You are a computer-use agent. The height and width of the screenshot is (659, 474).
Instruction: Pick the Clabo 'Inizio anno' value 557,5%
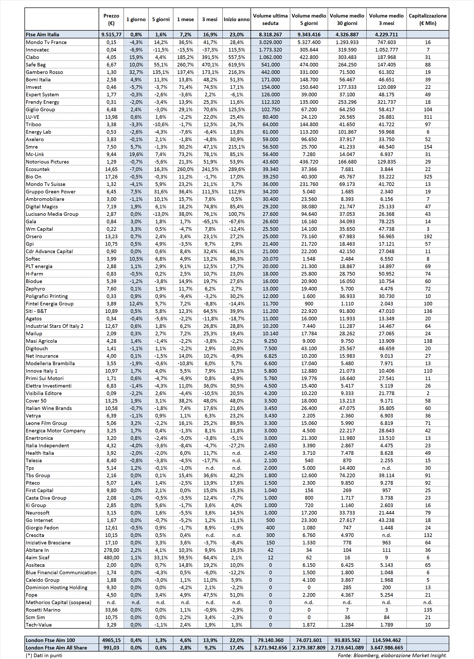pyautogui.click(x=236, y=57)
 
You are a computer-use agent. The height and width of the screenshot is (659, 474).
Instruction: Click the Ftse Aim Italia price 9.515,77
pyautogui.click(x=111, y=35)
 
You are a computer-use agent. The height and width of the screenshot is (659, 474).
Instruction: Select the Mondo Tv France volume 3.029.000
pyautogui.click(x=270, y=42)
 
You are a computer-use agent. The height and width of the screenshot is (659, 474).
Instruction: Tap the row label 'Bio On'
pyautogui.click(x=33, y=177)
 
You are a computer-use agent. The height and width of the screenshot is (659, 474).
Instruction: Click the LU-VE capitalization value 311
pyautogui.click(x=428, y=117)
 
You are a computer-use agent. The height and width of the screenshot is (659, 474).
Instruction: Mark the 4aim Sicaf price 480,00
pyautogui.click(x=111, y=558)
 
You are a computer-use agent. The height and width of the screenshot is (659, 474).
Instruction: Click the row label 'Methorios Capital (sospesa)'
pyautogui.click(x=58, y=602)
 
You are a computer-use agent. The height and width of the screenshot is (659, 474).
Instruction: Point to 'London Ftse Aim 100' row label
pyautogui.click(x=50, y=640)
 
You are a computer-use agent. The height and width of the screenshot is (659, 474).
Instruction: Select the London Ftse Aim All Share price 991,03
pyautogui.click(x=111, y=648)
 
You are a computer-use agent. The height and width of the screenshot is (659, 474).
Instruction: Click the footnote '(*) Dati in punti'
pyautogui.click(x=44, y=655)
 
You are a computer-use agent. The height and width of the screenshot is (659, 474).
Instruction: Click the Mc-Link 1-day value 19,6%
pyautogui.click(x=136, y=154)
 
